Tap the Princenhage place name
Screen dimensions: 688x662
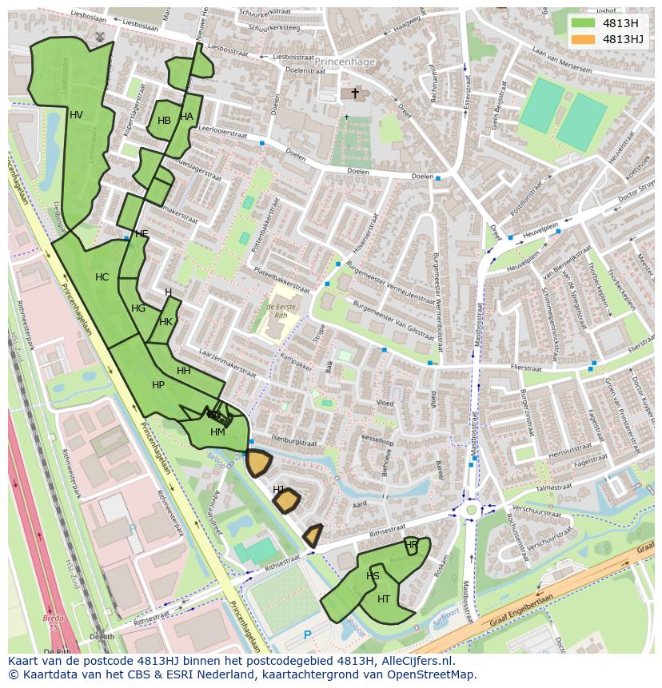tap(345, 61)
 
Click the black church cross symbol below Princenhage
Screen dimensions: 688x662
tap(355, 93)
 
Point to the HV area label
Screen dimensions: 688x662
tap(76, 115)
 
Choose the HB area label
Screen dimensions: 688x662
tap(164, 121)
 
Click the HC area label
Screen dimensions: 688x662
tap(102, 277)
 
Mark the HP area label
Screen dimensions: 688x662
tap(158, 385)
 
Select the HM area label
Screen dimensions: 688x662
tap(217, 432)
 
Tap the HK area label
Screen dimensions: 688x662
tap(165, 322)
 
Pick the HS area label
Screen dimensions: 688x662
tap(373, 576)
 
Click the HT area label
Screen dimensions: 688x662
tap(384, 599)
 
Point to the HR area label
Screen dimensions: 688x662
tap(411, 545)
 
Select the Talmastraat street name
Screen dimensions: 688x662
tap(553, 487)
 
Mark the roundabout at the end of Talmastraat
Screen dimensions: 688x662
tap(472, 508)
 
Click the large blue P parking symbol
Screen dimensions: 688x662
tap(307, 635)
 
